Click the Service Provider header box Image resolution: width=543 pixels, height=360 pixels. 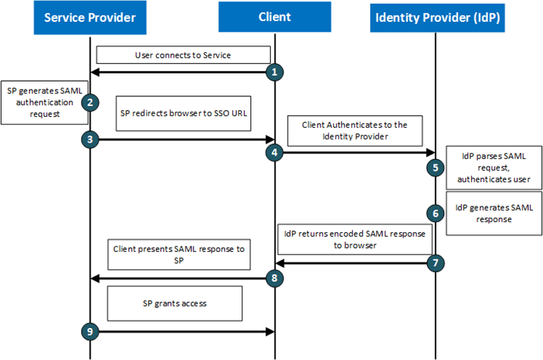click(90, 18)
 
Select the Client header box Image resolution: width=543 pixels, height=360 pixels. click(274, 18)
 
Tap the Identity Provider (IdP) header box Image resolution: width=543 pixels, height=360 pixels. click(438, 18)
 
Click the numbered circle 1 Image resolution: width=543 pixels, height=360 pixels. click(274, 71)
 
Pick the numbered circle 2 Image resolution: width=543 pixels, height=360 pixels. click(90, 103)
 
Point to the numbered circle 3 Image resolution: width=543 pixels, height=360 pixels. click(90, 139)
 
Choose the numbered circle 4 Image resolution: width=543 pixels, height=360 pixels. click(274, 153)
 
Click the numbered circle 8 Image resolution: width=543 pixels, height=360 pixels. click(274, 277)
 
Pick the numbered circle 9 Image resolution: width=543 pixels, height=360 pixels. click(90, 331)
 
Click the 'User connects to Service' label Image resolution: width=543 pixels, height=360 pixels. click(183, 55)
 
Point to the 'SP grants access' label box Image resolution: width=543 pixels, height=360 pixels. click(174, 303)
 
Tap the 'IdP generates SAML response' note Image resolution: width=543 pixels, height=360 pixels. click(493, 213)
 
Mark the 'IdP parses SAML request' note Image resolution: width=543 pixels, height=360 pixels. click(493, 167)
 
